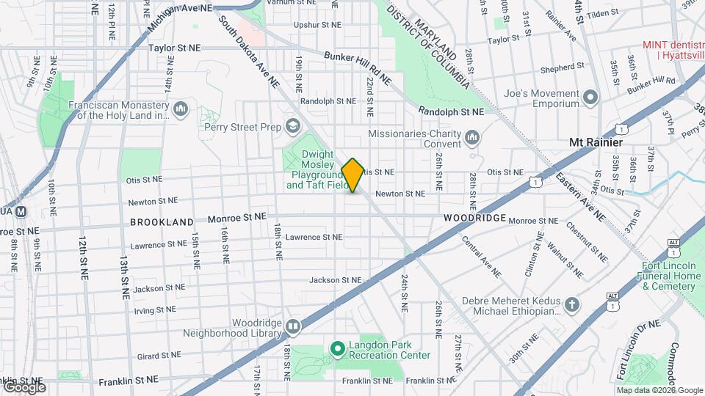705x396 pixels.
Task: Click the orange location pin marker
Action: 352,175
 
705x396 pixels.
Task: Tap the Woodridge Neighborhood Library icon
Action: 293,326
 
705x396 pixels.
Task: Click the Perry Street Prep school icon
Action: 293,127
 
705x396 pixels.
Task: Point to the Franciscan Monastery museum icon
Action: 181,110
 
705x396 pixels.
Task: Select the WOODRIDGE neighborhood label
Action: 474,219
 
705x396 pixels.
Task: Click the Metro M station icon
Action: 21,212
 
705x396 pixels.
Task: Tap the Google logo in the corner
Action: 23,386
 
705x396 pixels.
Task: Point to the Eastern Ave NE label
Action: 580,197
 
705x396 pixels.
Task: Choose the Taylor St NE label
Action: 174,48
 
